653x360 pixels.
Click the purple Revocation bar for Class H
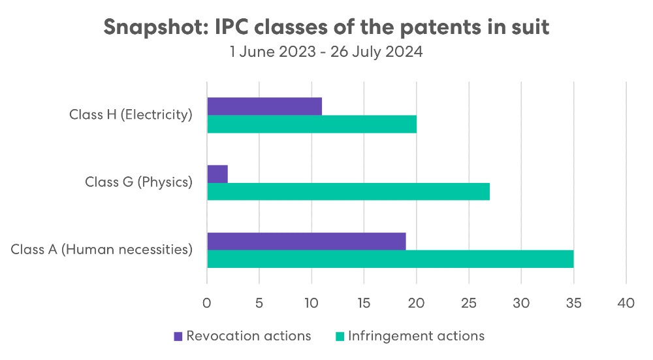coord(264,106)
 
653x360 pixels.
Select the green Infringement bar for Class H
coord(312,124)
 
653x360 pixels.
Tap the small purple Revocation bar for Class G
coord(217,174)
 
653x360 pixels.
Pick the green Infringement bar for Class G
coord(349,191)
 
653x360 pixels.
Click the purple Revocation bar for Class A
coord(306,241)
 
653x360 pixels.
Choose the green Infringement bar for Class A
coord(390,259)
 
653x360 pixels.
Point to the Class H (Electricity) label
coord(131,114)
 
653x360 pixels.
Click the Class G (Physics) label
coord(138,182)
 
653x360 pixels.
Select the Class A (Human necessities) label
coord(102,249)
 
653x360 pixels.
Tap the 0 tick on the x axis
coord(207,303)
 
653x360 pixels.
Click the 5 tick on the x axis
coord(259,303)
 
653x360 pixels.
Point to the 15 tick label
coord(364,303)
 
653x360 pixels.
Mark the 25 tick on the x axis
coord(468,303)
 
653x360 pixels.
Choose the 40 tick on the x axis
coord(626,303)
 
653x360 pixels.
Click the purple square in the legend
coord(178,336)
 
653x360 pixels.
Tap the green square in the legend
coord(340,336)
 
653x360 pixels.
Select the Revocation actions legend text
coord(249,336)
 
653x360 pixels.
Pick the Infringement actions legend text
coord(417,336)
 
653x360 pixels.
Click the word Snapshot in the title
coord(157,27)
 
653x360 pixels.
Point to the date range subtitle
coord(326,52)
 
